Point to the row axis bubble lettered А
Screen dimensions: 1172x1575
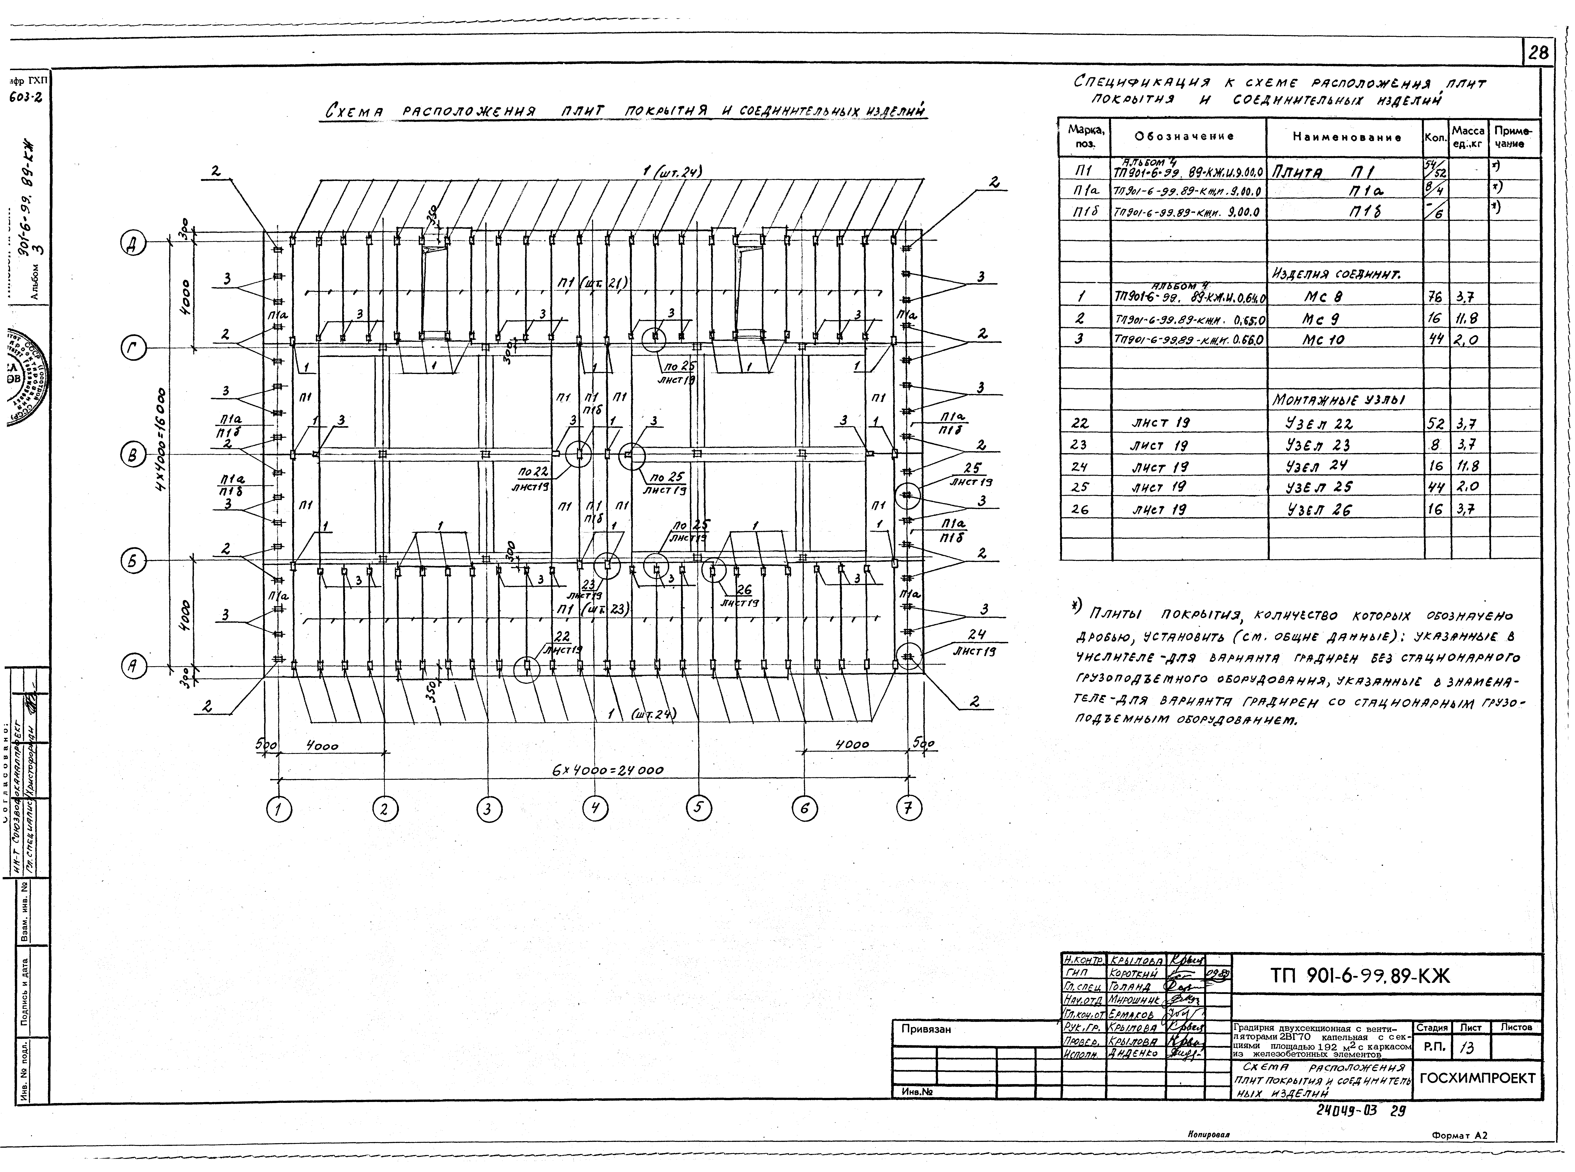133,666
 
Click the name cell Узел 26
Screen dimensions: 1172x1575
1319,509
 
